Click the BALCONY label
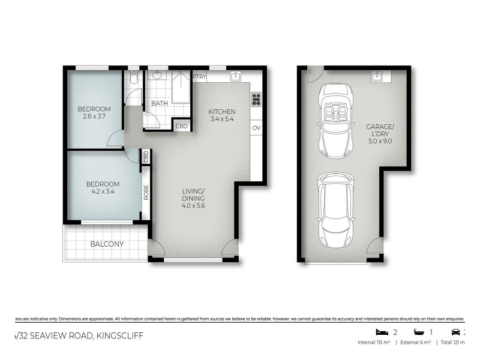(107, 244)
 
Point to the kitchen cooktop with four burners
(256, 99)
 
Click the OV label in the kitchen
(256, 128)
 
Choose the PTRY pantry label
(199, 76)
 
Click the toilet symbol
(134, 77)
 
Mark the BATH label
(159, 103)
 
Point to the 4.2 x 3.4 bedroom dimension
(102, 193)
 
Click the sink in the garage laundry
(376, 76)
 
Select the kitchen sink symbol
(236, 76)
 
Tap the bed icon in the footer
(380, 332)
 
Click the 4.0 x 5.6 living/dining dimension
(194, 206)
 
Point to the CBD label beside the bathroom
(181, 126)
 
